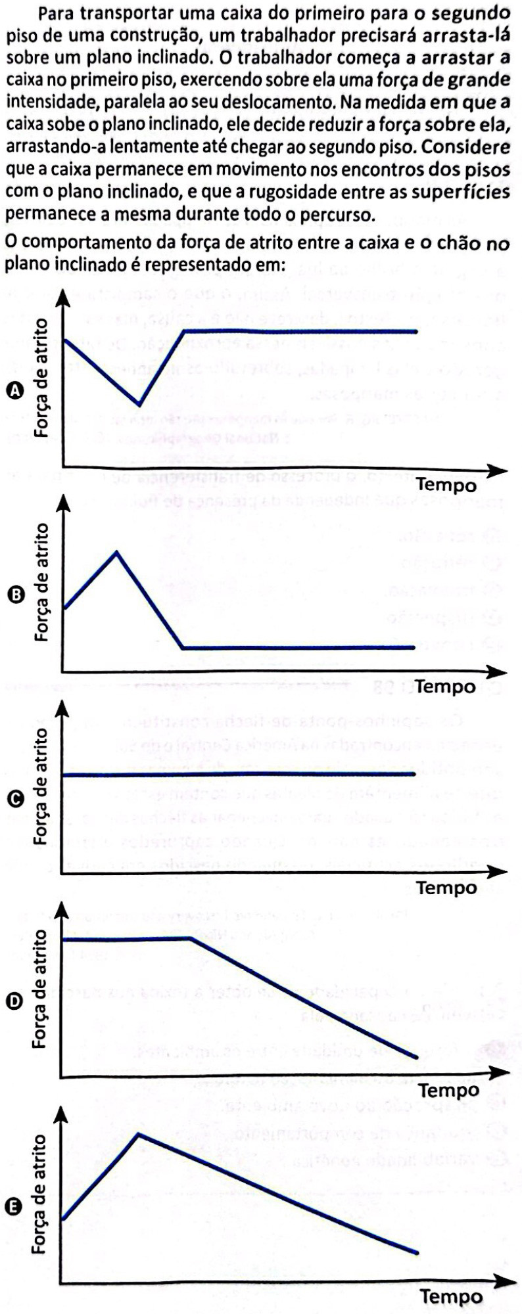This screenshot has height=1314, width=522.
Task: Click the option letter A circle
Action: (x=14, y=391)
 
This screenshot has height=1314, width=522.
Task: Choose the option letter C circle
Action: (x=14, y=798)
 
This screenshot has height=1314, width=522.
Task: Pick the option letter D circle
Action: (x=14, y=1001)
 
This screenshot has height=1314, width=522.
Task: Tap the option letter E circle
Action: (x=14, y=1207)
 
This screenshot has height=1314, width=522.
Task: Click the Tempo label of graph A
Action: (x=446, y=486)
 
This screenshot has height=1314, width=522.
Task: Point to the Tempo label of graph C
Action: (x=446, y=888)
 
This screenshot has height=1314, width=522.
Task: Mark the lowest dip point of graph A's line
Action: (x=138, y=403)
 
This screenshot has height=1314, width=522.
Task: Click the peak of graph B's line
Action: (x=116, y=552)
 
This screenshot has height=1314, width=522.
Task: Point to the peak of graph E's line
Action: (x=138, y=1133)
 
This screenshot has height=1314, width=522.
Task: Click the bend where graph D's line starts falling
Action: (x=189, y=938)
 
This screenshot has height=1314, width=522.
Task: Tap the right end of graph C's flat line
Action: (x=415, y=775)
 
